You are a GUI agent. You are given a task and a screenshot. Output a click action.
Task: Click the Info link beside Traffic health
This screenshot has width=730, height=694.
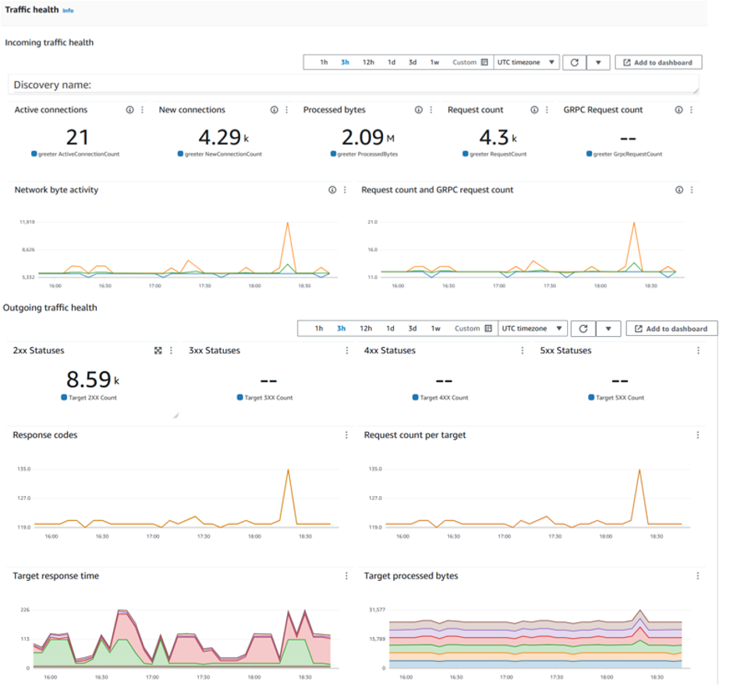pos(68,11)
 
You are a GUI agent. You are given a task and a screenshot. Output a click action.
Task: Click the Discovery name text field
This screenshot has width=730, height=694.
pos(353,85)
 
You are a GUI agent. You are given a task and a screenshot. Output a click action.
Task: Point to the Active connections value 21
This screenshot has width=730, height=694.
pos(76,137)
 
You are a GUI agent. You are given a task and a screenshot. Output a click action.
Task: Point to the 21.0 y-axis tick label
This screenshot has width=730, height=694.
pos(372,222)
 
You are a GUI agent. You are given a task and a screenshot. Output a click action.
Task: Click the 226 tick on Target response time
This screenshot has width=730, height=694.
pos(25,611)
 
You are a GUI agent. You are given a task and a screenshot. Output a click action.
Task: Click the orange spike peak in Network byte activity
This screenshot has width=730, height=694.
pos(288,223)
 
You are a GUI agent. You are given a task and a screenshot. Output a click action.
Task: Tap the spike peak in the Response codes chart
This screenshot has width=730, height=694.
pos(289,469)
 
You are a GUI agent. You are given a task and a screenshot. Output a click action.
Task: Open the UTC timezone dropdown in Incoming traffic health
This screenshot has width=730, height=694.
pos(526,62)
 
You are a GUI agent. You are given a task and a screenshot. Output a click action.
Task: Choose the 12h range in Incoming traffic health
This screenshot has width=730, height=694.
pos(367,62)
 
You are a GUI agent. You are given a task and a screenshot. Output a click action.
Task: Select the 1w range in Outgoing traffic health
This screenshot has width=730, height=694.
pos(435,329)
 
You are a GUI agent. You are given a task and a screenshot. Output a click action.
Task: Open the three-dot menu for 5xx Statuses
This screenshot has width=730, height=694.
pos(698,351)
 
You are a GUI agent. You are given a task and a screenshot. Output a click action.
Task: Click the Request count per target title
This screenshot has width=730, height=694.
pos(414,435)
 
